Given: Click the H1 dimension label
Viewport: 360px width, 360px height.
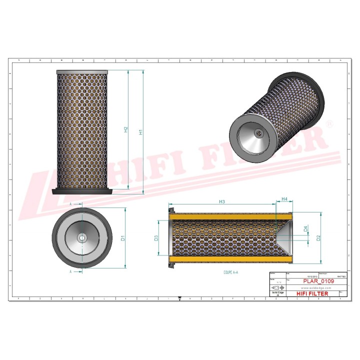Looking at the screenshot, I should click(x=141, y=132).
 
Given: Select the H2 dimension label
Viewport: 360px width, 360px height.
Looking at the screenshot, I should click(x=126, y=129).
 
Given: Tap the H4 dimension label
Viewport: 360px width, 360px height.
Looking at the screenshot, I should click(x=284, y=199).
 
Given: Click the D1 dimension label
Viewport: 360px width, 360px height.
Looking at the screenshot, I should click(x=123, y=238).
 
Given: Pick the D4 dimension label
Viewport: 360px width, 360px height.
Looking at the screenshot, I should click(x=306, y=230).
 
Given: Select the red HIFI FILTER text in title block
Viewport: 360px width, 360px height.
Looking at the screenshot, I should click(x=313, y=293).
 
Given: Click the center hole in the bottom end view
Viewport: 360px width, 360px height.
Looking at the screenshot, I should click(x=82, y=238).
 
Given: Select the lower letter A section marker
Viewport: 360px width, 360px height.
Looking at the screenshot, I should click(x=71, y=271).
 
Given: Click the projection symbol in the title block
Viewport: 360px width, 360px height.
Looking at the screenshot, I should click(x=275, y=289).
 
